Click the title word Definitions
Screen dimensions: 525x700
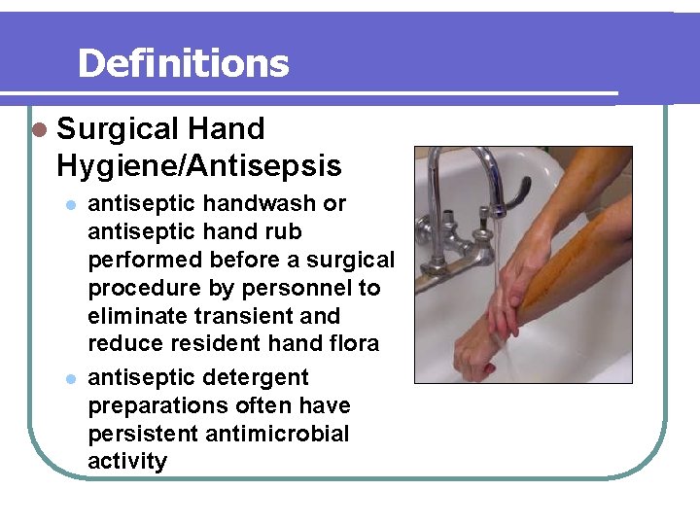pyautogui.click(x=183, y=64)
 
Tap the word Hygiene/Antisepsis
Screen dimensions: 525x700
pyautogui.click(x=199, y=166)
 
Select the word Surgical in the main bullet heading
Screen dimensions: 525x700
pyautogui.click(x=118, y=129)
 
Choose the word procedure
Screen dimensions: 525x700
pyautogui.click(x=137, y=289)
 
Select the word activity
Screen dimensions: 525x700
pyautogui.click(x=127, y=461)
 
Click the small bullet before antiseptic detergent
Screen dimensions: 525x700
pyautogui.click(x=70, y=378)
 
